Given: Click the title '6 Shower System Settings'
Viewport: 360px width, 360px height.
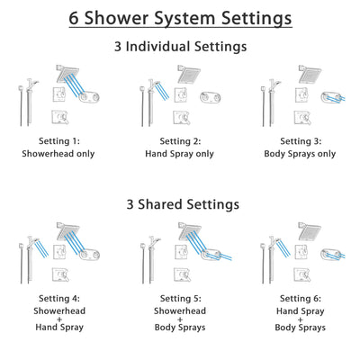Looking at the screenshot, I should click(x=180, y=18).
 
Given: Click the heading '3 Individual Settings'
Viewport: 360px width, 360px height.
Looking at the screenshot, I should click(x=180, y=47).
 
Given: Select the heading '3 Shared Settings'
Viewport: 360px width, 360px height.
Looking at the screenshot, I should click(x=180, y=204).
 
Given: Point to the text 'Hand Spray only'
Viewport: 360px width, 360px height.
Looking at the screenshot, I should click(x=180, y=153).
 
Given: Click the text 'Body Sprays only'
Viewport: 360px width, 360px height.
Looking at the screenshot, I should click(x=301, y=153).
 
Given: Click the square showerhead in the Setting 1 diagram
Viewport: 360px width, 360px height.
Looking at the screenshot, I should click(x=66, y=73).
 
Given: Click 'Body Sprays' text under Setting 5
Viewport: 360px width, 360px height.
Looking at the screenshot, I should click(x=180, y=328).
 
